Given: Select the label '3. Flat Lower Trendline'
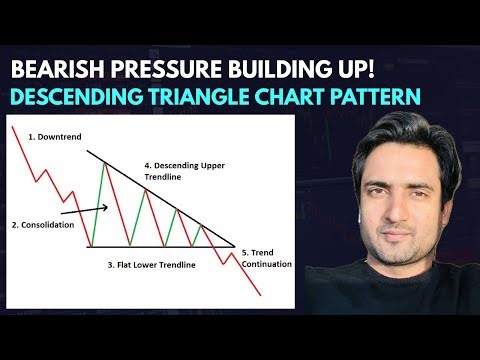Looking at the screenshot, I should click(152, 265).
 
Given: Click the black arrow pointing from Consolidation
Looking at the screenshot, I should click(85, 211).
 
